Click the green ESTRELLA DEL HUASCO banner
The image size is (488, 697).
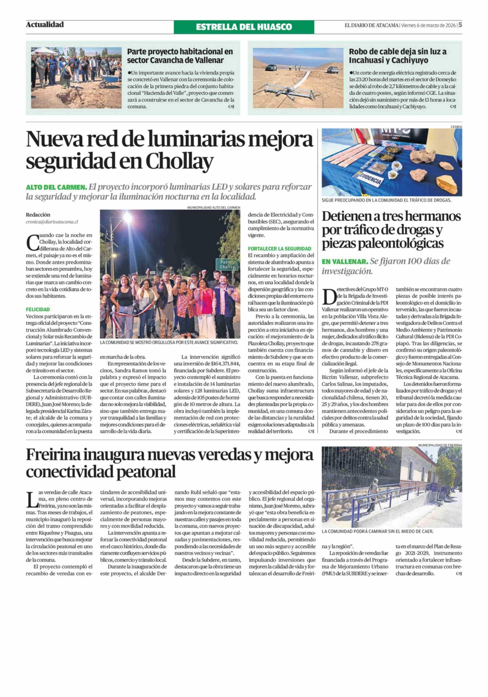point(244,27)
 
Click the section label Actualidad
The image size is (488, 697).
point(45,25)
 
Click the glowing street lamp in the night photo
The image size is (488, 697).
point(127,218)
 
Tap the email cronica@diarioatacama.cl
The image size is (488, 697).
point(52,222)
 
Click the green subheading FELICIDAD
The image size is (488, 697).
point(38,309)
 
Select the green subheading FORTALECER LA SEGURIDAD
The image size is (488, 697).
point(279,248)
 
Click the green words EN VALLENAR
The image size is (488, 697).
point(345,261)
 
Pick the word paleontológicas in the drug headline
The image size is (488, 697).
point(383,243)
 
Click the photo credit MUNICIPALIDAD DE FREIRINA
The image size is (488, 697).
point(440,445)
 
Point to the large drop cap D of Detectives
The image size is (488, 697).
point(329,297)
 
